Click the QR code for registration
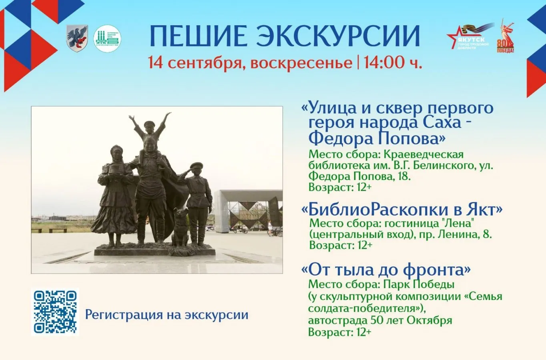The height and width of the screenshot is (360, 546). pyautogui.click(x=55, y=312)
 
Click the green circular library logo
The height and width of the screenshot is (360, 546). pyautogui.click(x=107, y=38)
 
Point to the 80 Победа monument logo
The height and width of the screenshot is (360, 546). pyautogui.click(x=506, y=37)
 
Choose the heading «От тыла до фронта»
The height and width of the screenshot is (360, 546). pyautogui.click(x=385, y=270)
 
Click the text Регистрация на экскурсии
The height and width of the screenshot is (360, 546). pyautogui.click(x=167, y=315)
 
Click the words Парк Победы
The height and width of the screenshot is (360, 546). pyautogui.click(x=418, y=284)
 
